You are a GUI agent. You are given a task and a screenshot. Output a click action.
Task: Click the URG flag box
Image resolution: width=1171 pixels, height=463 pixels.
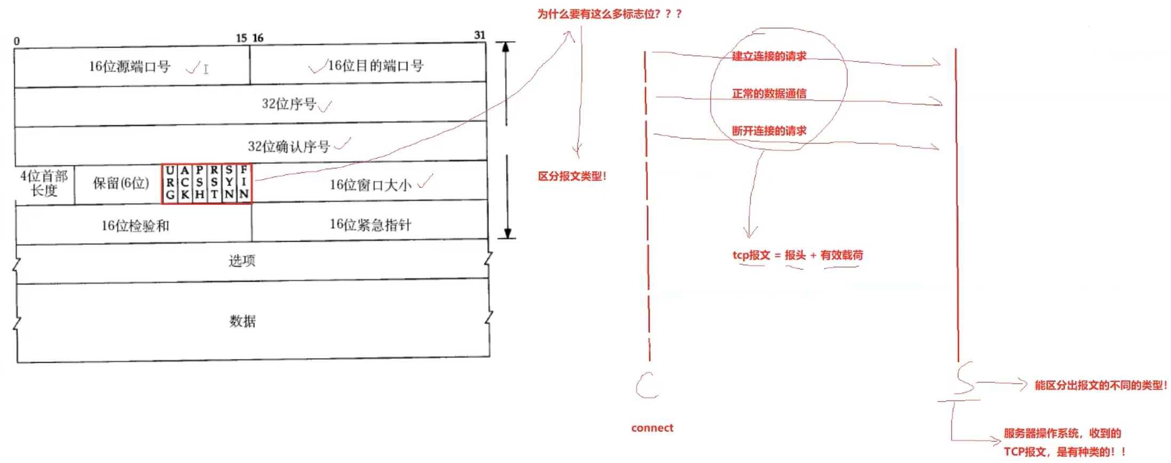click(170, 183)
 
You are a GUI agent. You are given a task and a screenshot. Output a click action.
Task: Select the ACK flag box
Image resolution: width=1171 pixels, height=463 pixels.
click(185, 183)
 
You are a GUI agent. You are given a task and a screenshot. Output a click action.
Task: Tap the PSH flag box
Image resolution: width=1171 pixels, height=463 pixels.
click(199, 183)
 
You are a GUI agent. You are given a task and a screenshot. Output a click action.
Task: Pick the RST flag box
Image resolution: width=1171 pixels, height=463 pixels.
click(214, 183)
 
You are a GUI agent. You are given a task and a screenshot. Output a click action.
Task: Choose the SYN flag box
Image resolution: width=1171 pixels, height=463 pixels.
click(229, 183)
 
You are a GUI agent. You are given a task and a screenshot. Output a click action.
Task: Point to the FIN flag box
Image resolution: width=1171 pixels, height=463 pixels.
click(244, 183)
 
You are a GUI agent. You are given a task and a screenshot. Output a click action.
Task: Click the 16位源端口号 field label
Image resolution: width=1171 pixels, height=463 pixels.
click(130, 67)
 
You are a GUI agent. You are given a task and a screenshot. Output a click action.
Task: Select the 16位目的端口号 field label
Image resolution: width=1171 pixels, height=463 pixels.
click(375, 66)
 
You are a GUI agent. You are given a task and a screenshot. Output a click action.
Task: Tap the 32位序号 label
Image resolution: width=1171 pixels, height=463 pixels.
click(289, 103)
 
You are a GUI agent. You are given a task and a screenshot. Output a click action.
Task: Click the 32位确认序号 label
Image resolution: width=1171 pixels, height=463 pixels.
click(289, 146)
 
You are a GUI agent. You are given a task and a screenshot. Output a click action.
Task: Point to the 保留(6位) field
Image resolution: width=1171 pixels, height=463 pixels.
click(121, 183)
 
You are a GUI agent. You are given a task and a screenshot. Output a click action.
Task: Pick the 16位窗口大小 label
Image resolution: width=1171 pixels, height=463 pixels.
click(370, 185)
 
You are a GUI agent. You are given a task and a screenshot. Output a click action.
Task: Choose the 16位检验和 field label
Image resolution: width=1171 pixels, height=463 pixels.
click(135, 226)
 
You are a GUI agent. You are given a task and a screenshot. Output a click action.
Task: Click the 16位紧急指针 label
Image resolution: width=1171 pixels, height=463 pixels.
click(370, 225)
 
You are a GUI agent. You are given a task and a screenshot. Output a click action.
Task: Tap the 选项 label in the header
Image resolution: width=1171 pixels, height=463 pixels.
click(242, 260)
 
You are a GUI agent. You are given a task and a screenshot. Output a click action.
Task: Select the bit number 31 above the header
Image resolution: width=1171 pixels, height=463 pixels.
click(479, 35)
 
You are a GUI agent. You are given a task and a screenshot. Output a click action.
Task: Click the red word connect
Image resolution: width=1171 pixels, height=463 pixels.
click(652, 428)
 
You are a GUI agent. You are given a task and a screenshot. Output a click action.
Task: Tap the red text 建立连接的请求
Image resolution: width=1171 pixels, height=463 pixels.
click(769, 56)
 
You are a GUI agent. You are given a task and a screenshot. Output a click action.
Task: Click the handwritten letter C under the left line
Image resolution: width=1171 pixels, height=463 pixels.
click(647, 386)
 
